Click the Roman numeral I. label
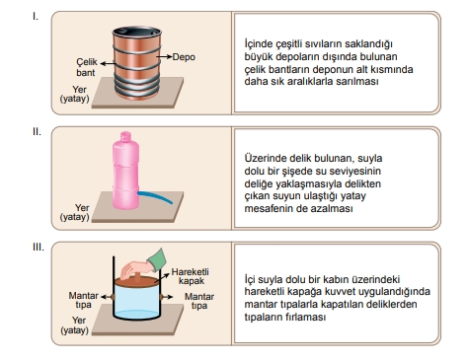tap(36, 16)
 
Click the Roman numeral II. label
tap(37, 131)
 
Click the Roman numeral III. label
tap(39, 247)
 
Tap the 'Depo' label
tap(184, 57)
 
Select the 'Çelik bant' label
tap(87, 67)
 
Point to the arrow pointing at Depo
tap(164, 57)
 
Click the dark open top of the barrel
tap(137, 33)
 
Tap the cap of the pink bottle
tap(125, 136)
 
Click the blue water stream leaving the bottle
tap(155, 196)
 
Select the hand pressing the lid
tap(135, 269)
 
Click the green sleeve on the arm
tap(157, 258)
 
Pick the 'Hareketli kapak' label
tap(190, 276)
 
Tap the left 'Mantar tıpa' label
tap(83, 300)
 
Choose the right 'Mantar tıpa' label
tap(199, 301)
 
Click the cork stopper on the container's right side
tap(162, 297)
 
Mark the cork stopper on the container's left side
tap(113, 297)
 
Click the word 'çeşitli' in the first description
tap(285, 44)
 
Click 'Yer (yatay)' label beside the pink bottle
tap(75, 212)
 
